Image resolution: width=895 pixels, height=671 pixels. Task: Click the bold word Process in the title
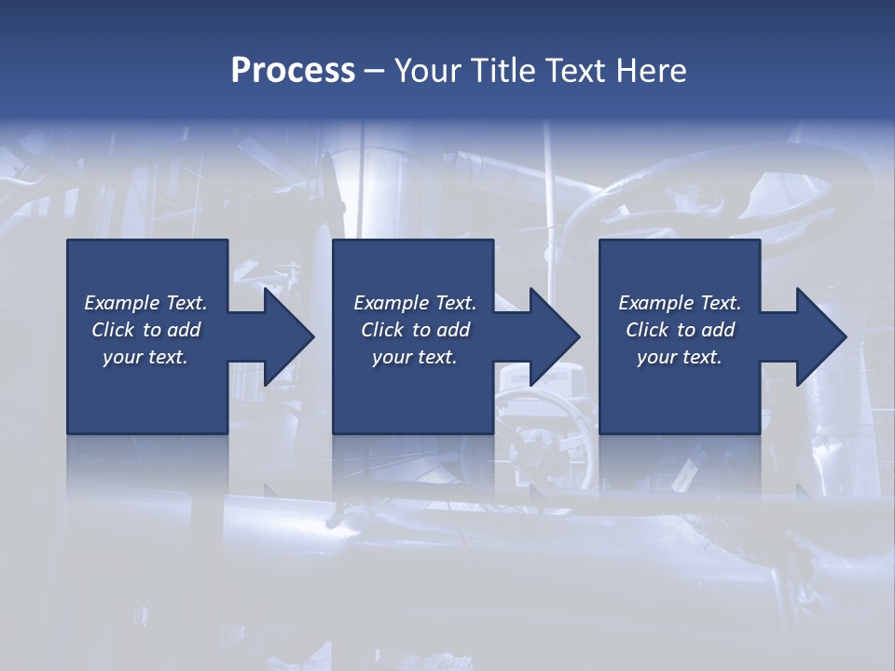(x=293, y=71)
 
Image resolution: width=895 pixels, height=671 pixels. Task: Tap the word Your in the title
(x=424, y=71)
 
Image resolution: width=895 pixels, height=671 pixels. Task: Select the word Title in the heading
(x=502, y=71)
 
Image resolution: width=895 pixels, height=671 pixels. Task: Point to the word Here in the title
(x=652, y=71)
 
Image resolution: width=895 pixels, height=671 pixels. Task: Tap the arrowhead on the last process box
(x=819, y=336)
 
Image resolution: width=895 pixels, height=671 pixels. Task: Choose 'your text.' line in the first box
(x=145, y=357)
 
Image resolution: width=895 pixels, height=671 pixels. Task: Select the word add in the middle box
(x=453, y=330)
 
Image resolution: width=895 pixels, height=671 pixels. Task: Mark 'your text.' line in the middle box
(x=414, y=357)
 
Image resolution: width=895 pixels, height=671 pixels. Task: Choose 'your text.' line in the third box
(x=679, y=357)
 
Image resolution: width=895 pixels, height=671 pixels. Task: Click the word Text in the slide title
(x=576, y=71)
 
